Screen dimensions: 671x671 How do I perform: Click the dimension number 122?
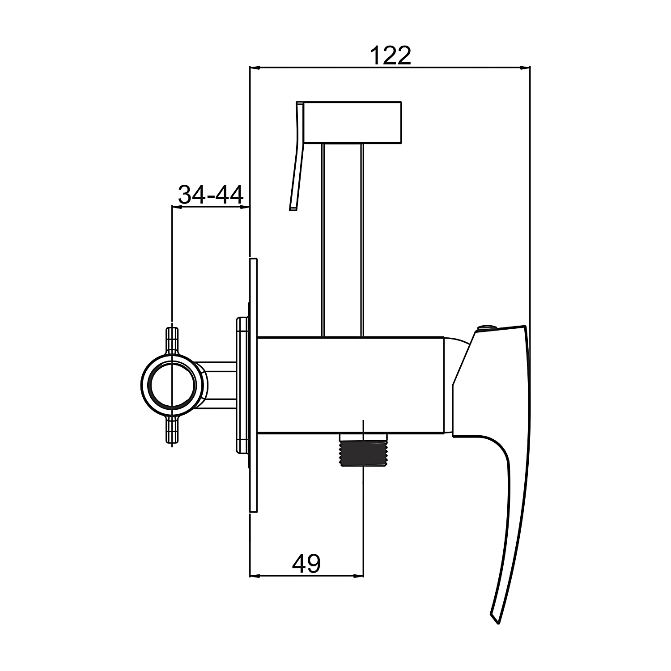[x=391, y=55]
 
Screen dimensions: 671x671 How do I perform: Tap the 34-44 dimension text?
[x=211, y=195]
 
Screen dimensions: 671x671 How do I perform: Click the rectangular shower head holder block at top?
[x=353, y=123]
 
